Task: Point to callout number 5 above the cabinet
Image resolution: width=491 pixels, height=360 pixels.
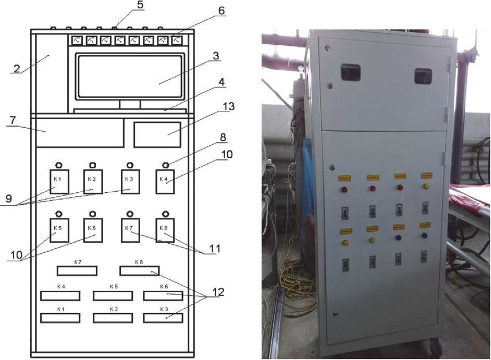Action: (x=126, y=6)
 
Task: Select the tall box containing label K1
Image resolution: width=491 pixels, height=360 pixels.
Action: (x=59, y=181)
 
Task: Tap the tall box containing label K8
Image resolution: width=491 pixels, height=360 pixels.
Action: (x=165, y=230)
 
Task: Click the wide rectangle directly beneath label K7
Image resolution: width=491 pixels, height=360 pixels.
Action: (x=77, y=270)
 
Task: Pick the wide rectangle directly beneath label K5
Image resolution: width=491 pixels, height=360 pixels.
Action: (x=113, y=295)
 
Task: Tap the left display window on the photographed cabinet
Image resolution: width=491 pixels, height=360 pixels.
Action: (x=350, y=72)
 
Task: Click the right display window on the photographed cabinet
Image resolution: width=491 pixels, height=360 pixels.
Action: (x=423, y=76)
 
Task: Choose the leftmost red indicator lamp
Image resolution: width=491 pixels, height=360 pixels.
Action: (x=345, y=189)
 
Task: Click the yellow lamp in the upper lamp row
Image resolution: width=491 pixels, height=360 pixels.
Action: (x=426, y=186)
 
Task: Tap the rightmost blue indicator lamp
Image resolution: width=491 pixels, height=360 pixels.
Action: (x=424, y=235)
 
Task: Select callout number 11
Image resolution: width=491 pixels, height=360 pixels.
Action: (x=213, y=250)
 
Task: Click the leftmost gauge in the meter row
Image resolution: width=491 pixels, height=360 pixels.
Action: (x=76, y=40)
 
